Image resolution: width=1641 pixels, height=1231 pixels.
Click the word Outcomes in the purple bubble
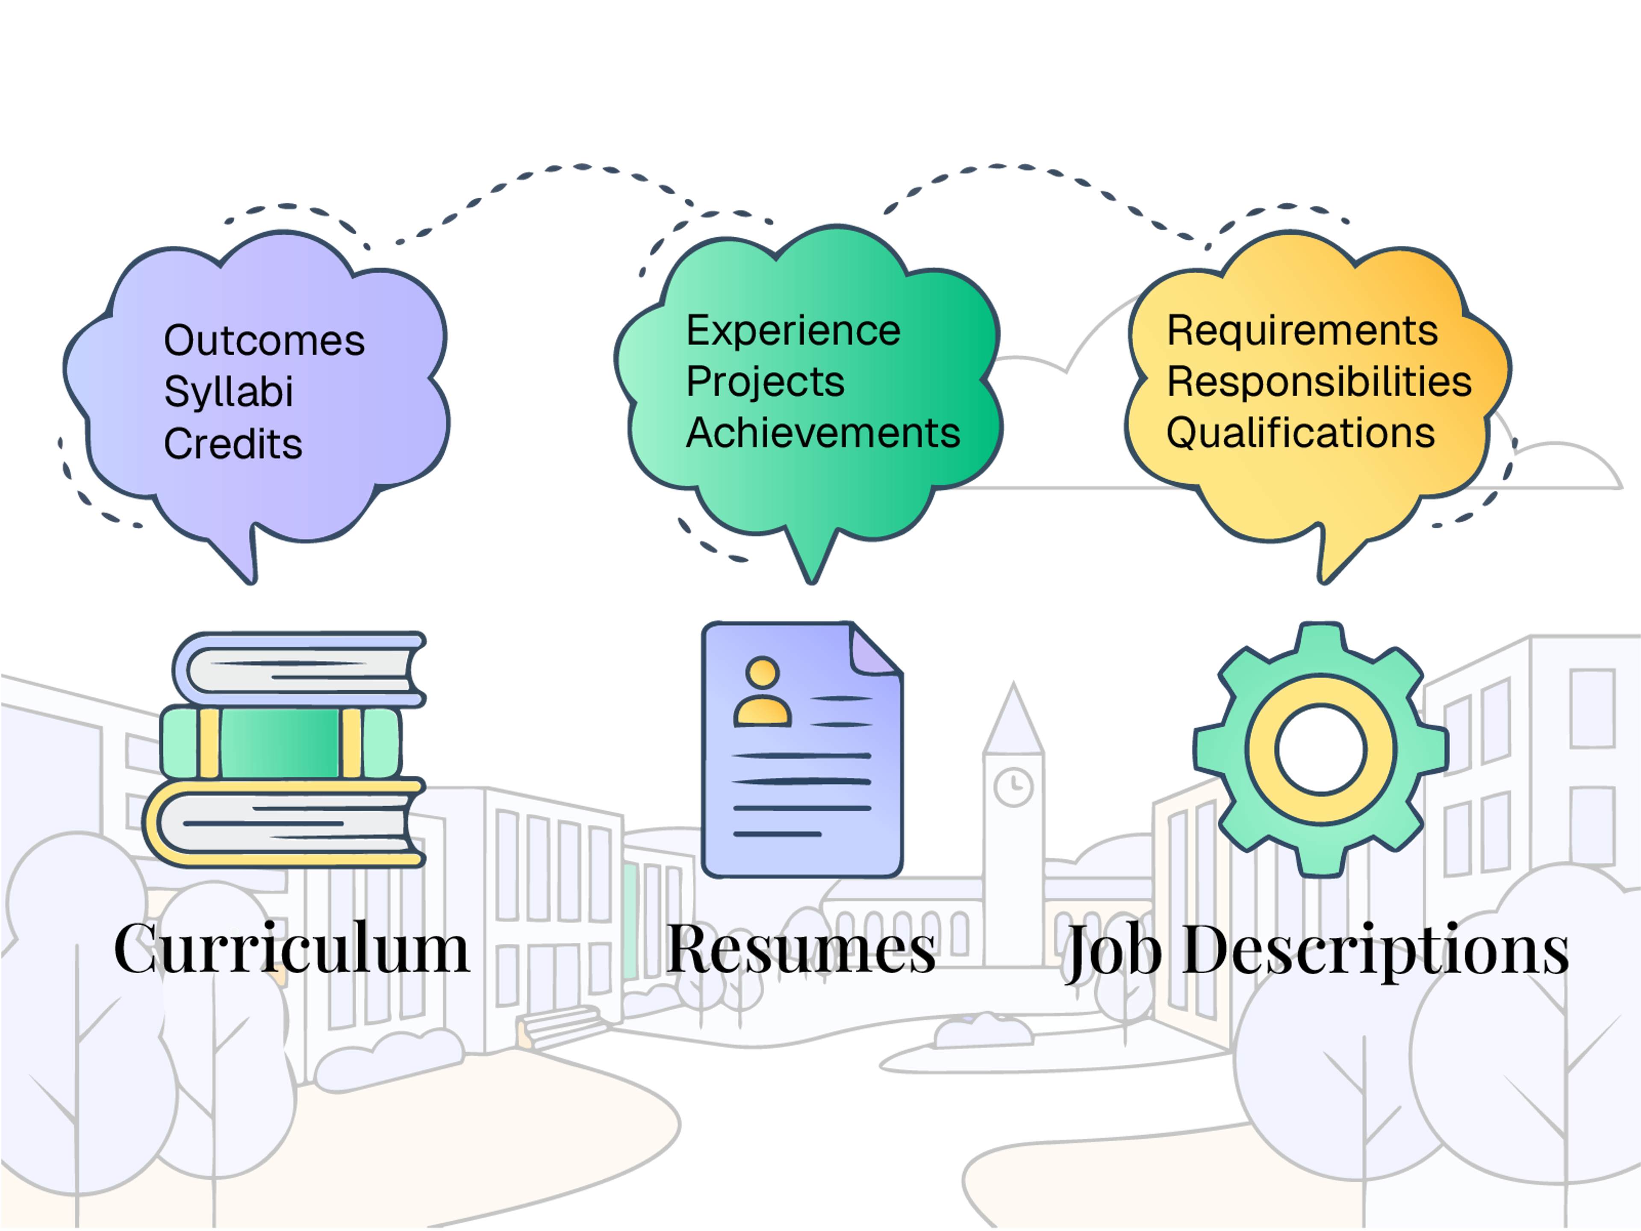pyautogui.click(x=264, y=342)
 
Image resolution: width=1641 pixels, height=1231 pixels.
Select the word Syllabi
pyautogui.click(x=229, y=392)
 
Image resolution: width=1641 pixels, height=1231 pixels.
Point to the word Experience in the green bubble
pyautogui.click(x=793, y=331)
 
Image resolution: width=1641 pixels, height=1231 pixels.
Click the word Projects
pyautogui.click(x=765, y=382)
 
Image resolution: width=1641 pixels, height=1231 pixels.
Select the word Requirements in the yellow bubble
pyautogui.click(x=1302, y=331)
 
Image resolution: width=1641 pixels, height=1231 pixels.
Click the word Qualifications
pyautogui.click(x=1300, y=433)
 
